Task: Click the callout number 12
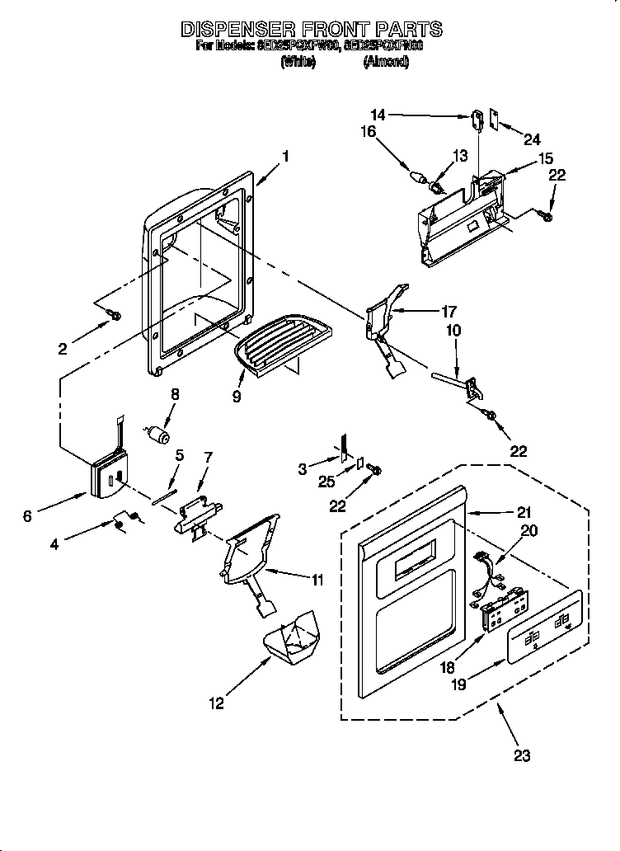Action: point(216,704)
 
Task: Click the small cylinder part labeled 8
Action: point(157,434)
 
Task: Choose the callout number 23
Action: point(520,755)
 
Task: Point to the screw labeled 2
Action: point(115,315)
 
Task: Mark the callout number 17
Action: point(449,312)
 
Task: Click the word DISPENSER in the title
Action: point(237,30)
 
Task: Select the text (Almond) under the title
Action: point(386,62)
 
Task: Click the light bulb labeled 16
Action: point(420,176)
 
